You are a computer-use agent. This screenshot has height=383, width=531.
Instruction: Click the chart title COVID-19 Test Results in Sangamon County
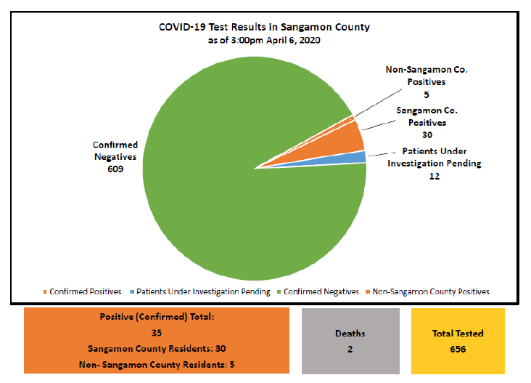[x=264, y=28]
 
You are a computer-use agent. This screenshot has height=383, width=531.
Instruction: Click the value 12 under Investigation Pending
[x=435, y=176]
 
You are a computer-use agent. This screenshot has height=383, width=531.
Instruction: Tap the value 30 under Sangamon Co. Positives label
[x=426, y=135]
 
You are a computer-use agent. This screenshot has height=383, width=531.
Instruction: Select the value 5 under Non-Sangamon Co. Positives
[x=426, y=94]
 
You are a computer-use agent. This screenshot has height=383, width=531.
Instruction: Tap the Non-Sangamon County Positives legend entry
[x=431, y=291]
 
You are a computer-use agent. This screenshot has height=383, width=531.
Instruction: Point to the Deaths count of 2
[x=350, y=348]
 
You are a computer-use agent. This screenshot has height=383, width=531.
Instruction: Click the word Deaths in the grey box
[x=350, y=334]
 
